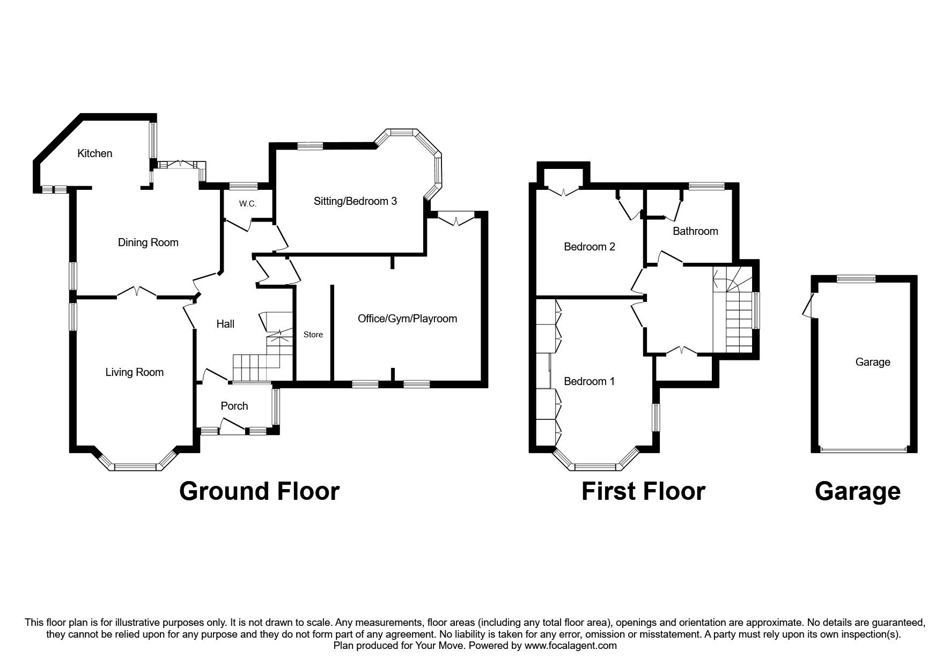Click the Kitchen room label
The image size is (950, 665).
(x=95, y=153)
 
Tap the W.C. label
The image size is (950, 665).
(x=248, y=204)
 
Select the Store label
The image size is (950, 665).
(x=313, y=335)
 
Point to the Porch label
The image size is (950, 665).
(x=234, y=406)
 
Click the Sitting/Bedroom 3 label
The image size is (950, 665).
(x=355, y=201)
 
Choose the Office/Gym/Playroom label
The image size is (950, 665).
(x=407, y=319)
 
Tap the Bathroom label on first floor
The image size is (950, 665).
(x=695, y=231)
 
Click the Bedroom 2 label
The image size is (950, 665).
(x=589, y=247)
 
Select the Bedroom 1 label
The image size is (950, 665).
(x=589, y=381)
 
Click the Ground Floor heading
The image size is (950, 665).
(x=259, y=491)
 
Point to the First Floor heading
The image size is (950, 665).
(x=643, y=491)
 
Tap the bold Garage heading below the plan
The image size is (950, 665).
(x=857, y=491)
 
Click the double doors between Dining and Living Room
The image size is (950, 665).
(x=137, y=292)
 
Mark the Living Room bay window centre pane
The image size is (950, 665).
(x=136, y=467)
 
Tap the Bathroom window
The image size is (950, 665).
(x=706, y=186)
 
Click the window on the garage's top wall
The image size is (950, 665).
(x=857, y=278)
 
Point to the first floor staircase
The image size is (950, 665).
(x=735, y=316)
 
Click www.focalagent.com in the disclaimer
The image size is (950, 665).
(x=570, y=646)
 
